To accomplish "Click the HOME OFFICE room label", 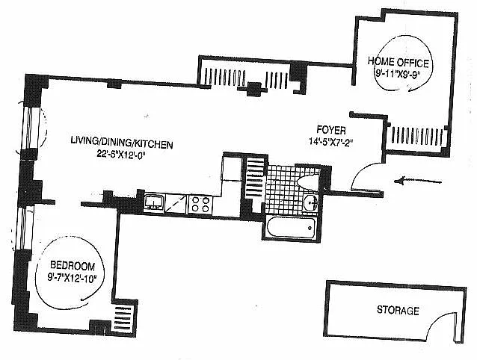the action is tap(398, 62).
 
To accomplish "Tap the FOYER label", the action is tap(331, 130).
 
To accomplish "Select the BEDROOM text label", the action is tap(73, 266).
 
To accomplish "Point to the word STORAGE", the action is tap(398, 310).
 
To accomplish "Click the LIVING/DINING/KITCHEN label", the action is tap(122, 142).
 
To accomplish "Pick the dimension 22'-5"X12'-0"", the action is tap(122, 154).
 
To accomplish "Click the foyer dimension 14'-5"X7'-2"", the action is tap(330, 142).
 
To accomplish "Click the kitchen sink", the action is tap(154, 202).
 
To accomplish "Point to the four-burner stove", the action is tap(200, 205).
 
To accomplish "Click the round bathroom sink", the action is tap(310, 202).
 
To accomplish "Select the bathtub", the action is tap(291, 228).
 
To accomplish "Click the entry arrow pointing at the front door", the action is tap(417, 181).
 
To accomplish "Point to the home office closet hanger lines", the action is tap(417, 136).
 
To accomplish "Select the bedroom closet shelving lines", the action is tap(123, 317).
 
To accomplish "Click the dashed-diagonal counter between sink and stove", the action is tap(176, 204).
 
